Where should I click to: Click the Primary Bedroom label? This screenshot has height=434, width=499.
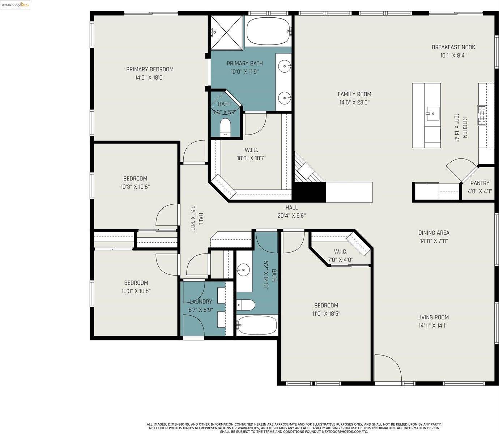pyautogui.click(x=150, y=69)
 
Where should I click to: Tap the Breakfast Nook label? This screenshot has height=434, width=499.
pyautogui.click(x=453, y=47)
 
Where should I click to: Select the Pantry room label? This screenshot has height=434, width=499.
pyautogui.click(x=479, y=183)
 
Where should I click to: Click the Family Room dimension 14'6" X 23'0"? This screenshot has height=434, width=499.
pyautogui.click(x=354, y=102)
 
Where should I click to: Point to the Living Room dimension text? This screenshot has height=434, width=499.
pyautogui.click(x=432, y=325)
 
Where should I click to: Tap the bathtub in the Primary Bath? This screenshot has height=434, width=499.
pyautogui.click(x=268, y=31)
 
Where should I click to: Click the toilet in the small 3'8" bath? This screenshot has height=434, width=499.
pyautogui.click(x=225, y=127)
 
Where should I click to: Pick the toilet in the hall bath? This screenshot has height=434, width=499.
pyautogui.click(x=246, y=305)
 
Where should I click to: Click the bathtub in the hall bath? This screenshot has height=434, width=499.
pyautogui.click(x=257, y=325)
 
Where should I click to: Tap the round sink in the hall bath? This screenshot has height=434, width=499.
pyautogui.click(x=243, y=269)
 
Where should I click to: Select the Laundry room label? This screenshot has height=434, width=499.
pyautogui.click(x=201, y=302)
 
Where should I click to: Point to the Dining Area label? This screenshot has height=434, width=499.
pyautogui.click(x=434, y=233)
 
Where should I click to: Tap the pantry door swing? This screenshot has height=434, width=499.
pyautogui.click(x=459, y=169)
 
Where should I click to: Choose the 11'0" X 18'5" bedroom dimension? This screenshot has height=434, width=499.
pyautogui.click(x=326, y=314)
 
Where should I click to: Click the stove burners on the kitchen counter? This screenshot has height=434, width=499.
pyautogui.click(x=482, y=115)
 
